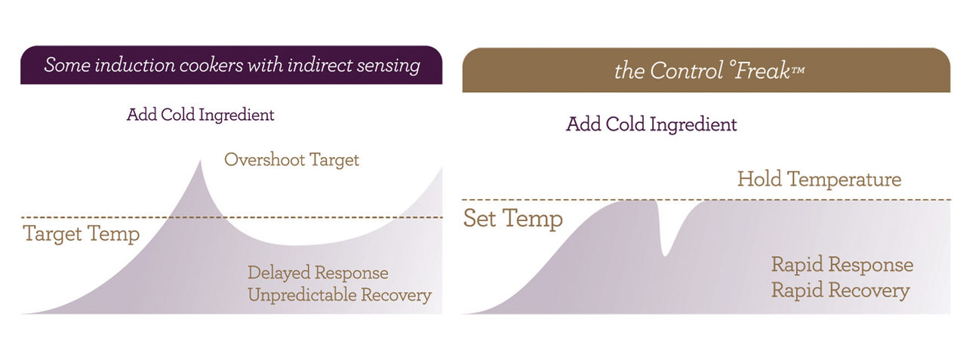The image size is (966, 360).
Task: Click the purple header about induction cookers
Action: tap(231, 65)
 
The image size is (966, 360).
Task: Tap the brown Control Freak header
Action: tap(706, 70)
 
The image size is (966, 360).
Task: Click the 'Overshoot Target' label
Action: tap(291, 159)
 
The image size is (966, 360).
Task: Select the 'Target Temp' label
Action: tap(82, 234)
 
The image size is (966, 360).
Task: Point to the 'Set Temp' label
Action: tap(513, 219)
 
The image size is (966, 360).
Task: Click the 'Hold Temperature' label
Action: tap(819, 180)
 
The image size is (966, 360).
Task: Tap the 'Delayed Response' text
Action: tap(318, 273)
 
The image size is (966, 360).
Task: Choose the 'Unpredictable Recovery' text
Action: tap(340, 295)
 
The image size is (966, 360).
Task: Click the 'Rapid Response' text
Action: tap(842, 265)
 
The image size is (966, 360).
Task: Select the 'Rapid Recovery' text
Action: tap(841, 290)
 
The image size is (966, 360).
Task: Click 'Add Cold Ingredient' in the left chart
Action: tap(201, 115)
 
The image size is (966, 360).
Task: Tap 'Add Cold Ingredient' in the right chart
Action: tap(651, 125)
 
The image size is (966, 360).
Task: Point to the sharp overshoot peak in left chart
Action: tap(200, 162)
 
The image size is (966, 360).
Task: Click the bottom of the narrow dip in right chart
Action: tap(665, 256)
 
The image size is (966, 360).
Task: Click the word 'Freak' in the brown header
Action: tap(762, 70)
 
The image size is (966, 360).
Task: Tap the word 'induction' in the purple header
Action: tap(134, 65)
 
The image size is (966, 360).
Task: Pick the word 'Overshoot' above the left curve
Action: tap(264, 159)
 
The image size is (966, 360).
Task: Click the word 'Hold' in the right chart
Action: tap(759, 179)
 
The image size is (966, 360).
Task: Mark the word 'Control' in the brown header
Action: tap(686, 70)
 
